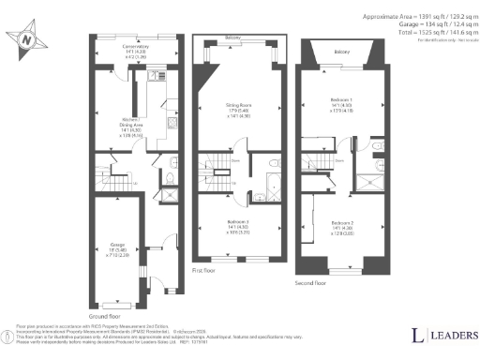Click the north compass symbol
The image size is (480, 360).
tap(27, 40)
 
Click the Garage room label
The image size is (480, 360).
tap(119, 248)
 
